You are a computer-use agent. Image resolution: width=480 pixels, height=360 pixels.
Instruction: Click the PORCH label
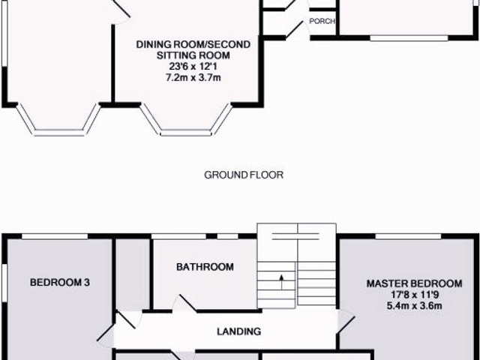pyautogui.click(x=322, y=22)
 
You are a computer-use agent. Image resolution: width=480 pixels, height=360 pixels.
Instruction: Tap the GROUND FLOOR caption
pyautogui.click(x=243, y=175)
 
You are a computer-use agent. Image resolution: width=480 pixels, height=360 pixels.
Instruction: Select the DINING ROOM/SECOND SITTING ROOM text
pyautogui.click(x=193, y=50)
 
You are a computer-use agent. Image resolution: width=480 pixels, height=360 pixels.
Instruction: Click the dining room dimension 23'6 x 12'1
pyautogui.click(x=193, y=67)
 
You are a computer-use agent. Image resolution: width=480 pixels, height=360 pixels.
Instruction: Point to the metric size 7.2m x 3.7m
pyautogui.click(x=193, y=77)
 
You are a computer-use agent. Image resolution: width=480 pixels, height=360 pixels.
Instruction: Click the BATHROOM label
pyautogui.click(x=205, y=267)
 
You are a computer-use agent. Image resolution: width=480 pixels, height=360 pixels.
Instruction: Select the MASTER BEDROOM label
pyautogui.click(x=414, y=283)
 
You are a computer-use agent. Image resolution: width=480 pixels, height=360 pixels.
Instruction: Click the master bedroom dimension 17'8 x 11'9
pyautogui.click(x=414, y=295)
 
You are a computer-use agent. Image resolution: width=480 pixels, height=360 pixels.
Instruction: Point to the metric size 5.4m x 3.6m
pyautogui.click(x=414, y=306)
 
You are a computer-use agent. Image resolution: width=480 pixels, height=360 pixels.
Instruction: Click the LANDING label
pyautogui.click(x=238, y=331)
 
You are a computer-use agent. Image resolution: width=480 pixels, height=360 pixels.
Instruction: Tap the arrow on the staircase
pyautogui.click(x=282, y=282)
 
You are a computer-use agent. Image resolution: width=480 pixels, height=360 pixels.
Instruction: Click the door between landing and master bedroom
pyautogui.click(x=344, y=322)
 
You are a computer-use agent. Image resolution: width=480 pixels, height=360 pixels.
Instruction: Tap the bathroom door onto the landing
pyautogui.click(x=181, y=304)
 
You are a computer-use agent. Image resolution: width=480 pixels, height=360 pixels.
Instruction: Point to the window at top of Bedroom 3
pyautogui.click(x=56, y=237)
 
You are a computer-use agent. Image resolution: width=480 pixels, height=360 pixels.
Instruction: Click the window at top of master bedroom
pyautogui.click(x=408, y=237)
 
